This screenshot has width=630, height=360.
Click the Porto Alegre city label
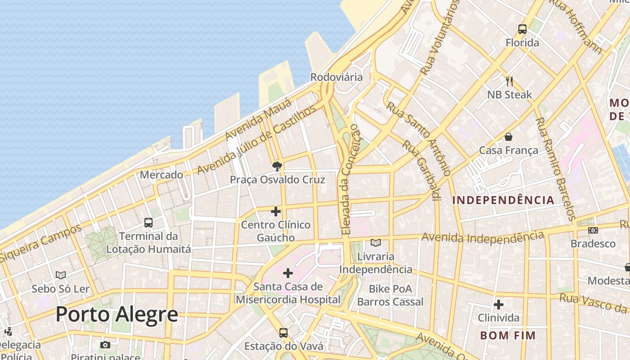[x=117, y=314]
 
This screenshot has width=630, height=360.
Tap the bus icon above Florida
[x=522, y=29]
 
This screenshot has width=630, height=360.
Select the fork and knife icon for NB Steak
[x=509, y=81]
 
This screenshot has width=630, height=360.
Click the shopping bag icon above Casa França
[x=508, y=137]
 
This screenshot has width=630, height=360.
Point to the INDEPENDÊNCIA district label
[x=503, y=200]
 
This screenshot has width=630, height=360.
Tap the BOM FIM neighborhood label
[x=508, y=335]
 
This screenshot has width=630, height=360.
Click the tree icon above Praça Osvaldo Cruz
[x=277, y=166]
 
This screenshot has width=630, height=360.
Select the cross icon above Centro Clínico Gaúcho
[x=276, y=211]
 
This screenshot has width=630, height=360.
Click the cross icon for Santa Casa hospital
[x=288, y=273]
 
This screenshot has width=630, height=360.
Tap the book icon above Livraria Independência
[x=376, y=243]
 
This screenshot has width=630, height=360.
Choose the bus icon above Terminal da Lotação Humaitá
[x=148, y=222]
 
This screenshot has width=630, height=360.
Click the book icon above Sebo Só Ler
[x=61, y=275]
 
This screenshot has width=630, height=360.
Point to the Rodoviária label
[x=336, y=77]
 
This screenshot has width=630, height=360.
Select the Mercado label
[x=161, y=175]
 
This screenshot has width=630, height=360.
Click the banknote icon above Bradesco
[x=593, y=230]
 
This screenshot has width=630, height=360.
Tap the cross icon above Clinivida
[x=498, y=305]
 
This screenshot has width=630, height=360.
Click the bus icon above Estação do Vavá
[x=283, y=333]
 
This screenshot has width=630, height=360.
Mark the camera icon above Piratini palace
[x=105, y=345]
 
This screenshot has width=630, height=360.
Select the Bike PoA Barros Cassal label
[x=390, y=295]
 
